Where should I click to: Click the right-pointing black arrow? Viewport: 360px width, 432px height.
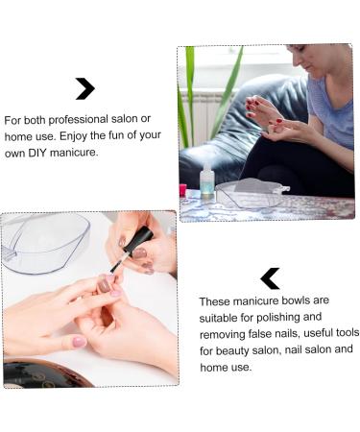[84, 89]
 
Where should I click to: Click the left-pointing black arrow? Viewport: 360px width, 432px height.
[270, 278]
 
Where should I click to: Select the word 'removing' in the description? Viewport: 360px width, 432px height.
[224, 333]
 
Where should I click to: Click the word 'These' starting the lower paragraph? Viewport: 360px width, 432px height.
[216, 301]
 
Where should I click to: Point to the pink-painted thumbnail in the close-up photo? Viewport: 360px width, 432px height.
[79, 342]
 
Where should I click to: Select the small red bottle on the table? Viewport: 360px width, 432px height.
[182, 190]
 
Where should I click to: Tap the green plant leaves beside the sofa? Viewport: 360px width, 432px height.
[187, 96]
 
